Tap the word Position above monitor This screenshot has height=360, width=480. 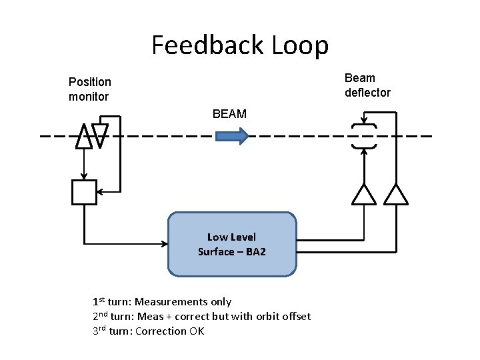[x=90, y=82]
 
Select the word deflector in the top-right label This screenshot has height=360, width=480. [x=367, y=93]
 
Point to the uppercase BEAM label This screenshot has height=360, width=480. [x=229, y=114]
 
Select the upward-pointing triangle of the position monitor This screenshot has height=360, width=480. [x=83, y=137]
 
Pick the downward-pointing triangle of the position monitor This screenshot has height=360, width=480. [x=100, y=135]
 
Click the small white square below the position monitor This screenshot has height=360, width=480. [x=84, y=192]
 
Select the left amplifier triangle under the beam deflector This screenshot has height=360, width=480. [x=363, y=194]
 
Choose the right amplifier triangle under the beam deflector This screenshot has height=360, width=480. [x=397, y=194]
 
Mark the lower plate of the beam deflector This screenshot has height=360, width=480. [x=363, y=147]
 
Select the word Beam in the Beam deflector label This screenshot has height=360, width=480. [x=360, y=78]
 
